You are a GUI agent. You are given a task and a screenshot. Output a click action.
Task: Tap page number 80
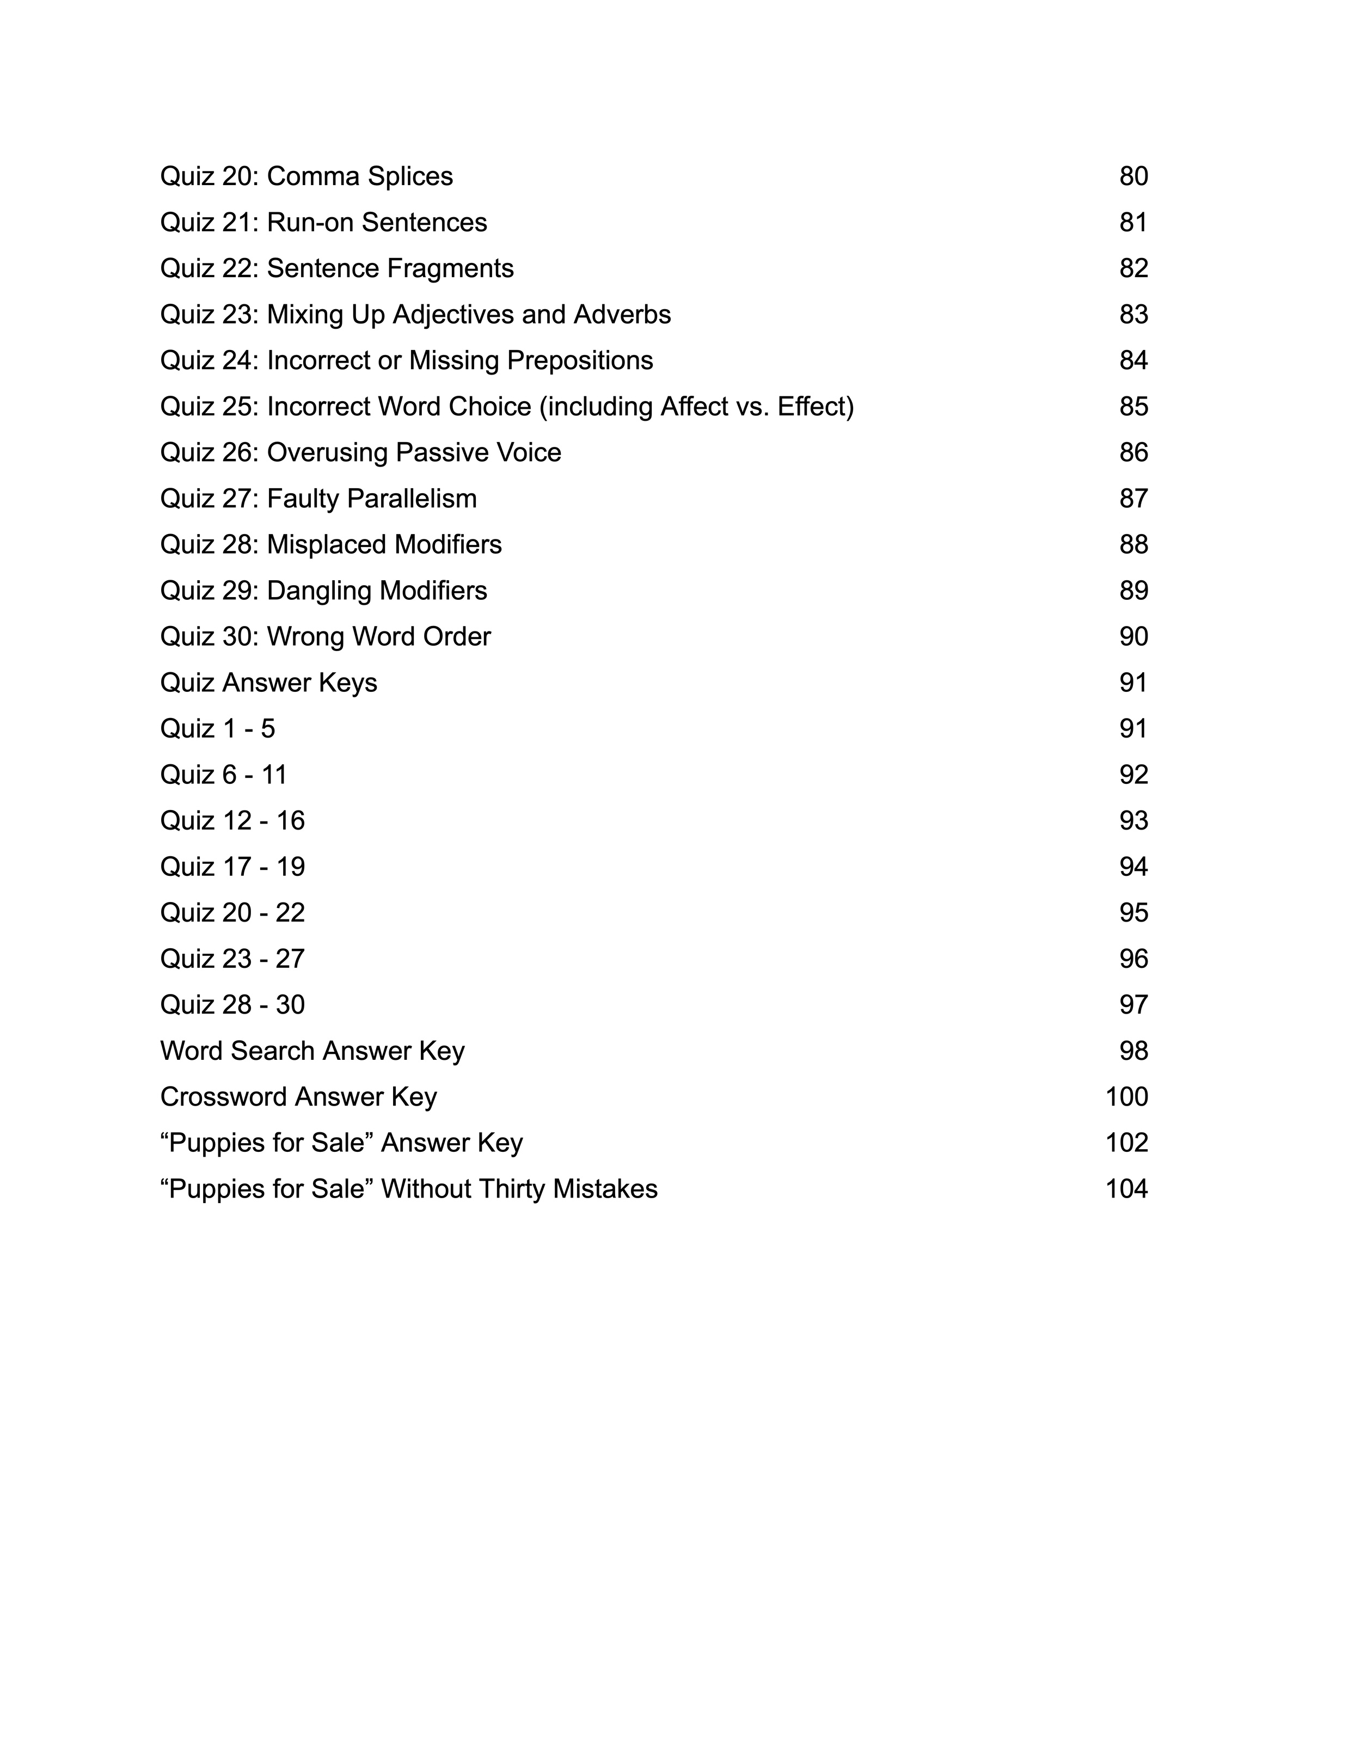[1133, 176]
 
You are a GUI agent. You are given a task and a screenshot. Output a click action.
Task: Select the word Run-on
[310, 223]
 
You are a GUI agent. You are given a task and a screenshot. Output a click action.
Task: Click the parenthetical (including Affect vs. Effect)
[697, 407]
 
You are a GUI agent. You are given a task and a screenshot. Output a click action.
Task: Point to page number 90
[1133, 637]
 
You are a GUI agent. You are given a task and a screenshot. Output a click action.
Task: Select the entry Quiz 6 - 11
[223, 775]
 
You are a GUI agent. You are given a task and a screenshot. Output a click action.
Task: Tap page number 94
[1133, 867]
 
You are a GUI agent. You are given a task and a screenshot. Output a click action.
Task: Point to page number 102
[1126, 1143]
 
